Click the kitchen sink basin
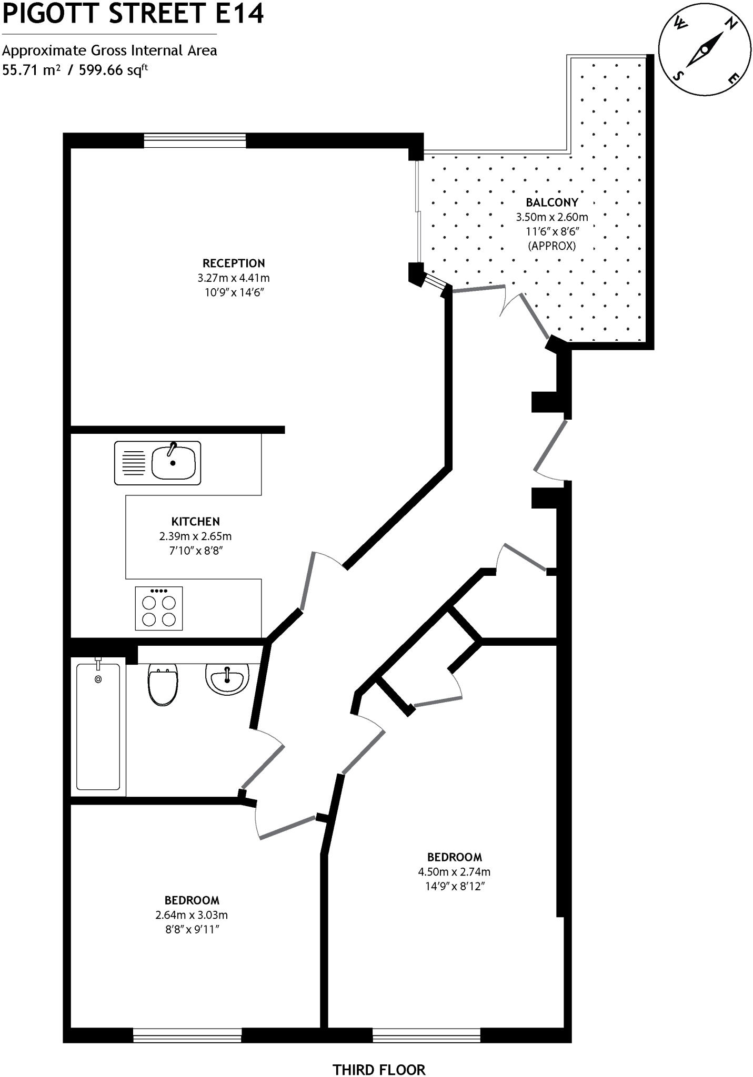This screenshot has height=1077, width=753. (x=173, y=463)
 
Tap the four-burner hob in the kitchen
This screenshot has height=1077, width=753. (x=158, y=608)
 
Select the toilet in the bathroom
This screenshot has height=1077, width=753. (x=163, y=684)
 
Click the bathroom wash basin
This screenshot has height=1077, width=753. (x=227, y=679)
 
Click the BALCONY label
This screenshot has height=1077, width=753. (x=551, y=202)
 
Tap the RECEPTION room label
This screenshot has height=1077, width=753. (x=234, y=263)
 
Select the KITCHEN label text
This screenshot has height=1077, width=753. (x=195, y=522)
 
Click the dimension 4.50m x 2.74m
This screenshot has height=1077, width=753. (x=454, y=871)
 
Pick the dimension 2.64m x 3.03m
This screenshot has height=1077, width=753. (x=192, y=915)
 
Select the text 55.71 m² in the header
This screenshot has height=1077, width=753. (x=31, y=70)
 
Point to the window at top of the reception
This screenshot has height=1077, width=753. (x=195, y=140)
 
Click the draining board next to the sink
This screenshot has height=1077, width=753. (x=134, y=463)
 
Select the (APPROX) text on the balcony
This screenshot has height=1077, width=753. (x=551, y=246)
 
